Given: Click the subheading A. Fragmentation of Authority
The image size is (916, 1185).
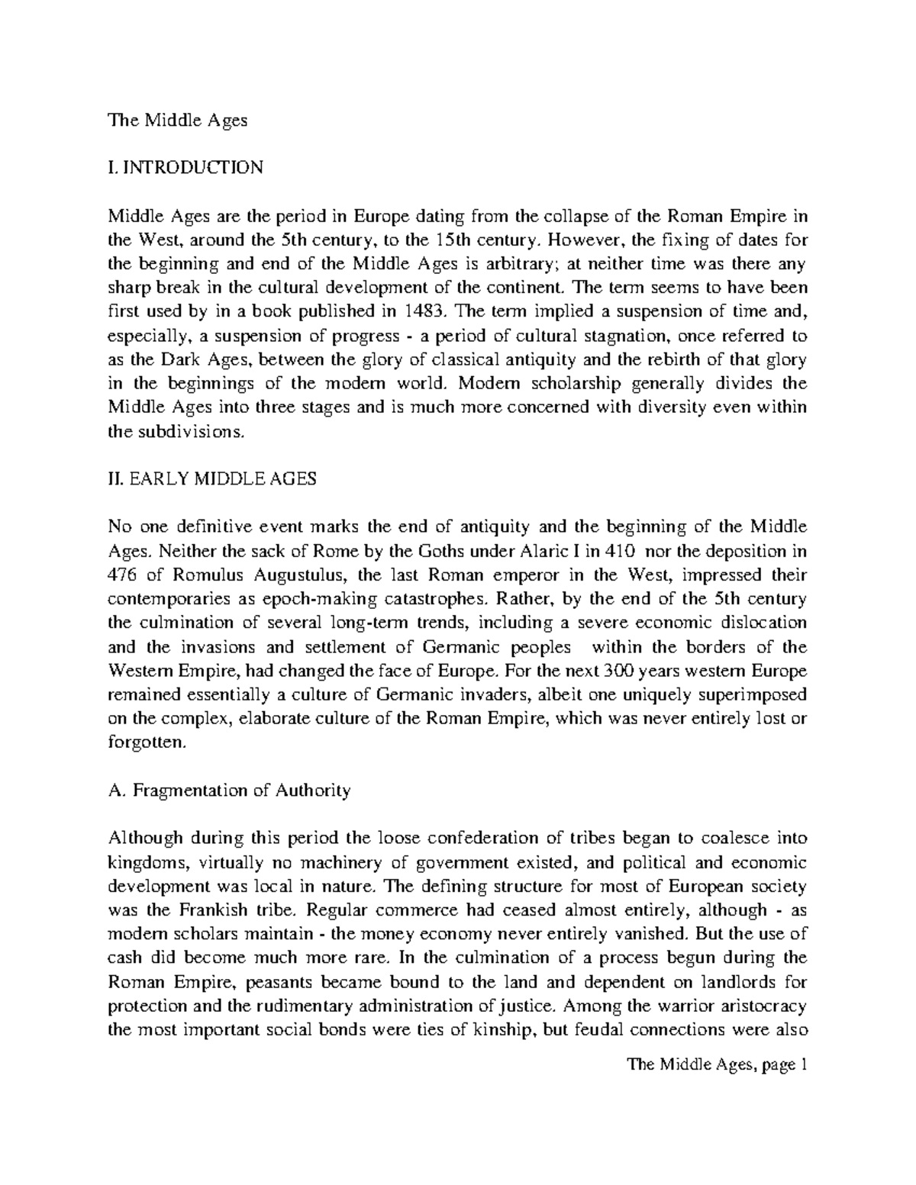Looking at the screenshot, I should click(230, 791).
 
